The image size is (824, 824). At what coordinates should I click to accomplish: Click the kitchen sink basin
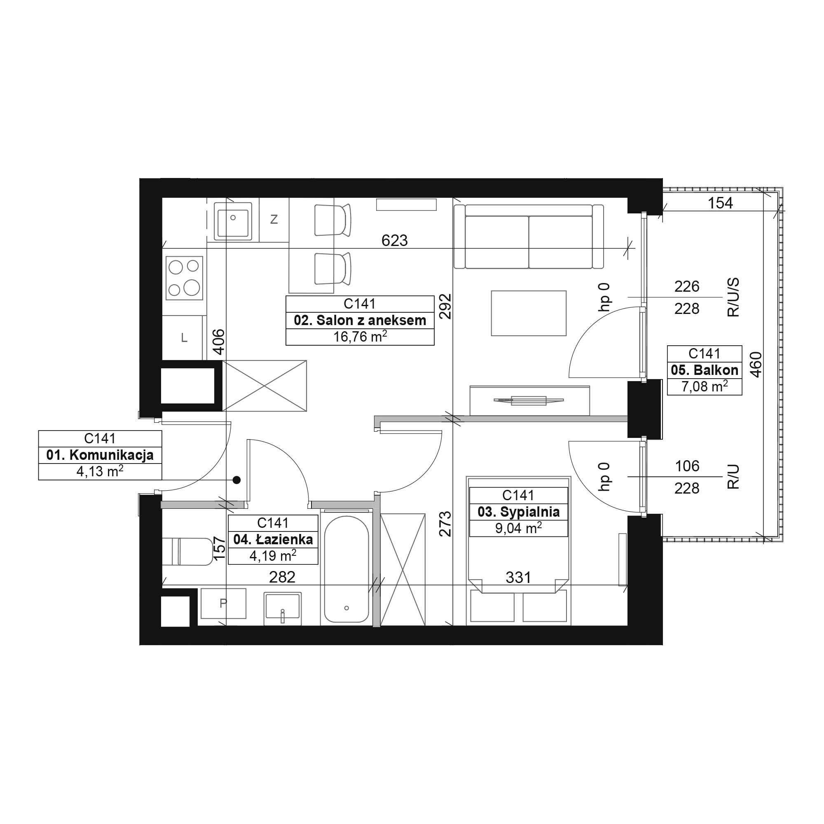point(233,220)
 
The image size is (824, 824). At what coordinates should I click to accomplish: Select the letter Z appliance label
point(274,219)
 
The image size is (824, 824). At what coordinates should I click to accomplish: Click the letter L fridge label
point(184,338)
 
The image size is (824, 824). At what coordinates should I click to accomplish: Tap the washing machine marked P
point(223,604)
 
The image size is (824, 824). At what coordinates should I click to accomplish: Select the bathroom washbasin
point(283,608)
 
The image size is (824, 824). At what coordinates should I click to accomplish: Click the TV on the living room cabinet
point(529,400)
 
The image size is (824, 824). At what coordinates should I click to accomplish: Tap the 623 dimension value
point(395,241)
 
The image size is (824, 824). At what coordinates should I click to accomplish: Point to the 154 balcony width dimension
point(720,203)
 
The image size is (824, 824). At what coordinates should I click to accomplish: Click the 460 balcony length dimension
point(755,364)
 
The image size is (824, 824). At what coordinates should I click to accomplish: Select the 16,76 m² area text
point(360,337)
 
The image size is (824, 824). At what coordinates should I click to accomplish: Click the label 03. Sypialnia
point(519,511)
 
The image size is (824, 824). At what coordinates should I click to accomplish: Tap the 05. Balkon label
point(705,370)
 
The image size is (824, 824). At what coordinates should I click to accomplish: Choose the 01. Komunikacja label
point(100,455)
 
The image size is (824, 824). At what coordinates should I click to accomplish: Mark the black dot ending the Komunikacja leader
point(237,480)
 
